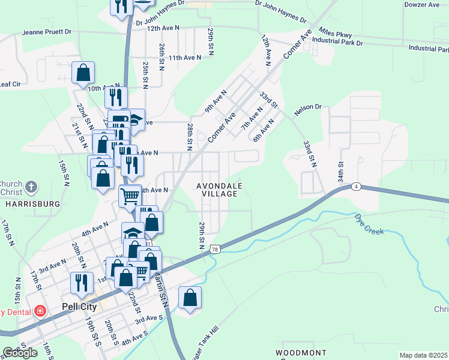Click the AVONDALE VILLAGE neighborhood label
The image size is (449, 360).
point(220,190)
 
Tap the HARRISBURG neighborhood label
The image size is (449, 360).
point(33,204)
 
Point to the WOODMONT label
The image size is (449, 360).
point(301,352)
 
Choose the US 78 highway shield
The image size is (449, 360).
point(215,248)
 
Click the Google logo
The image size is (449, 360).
point(20,353)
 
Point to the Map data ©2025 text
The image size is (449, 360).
point(423,355)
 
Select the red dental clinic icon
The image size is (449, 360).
point(40,311)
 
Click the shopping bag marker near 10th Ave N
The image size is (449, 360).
point(83,73)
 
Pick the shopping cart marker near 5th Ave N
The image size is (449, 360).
point(130,195)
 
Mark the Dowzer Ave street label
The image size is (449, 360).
point(422,5)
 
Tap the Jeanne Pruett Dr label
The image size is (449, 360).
point(47,32)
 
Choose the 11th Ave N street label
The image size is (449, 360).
point(184,58)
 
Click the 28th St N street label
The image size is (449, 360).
point(189,137)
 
